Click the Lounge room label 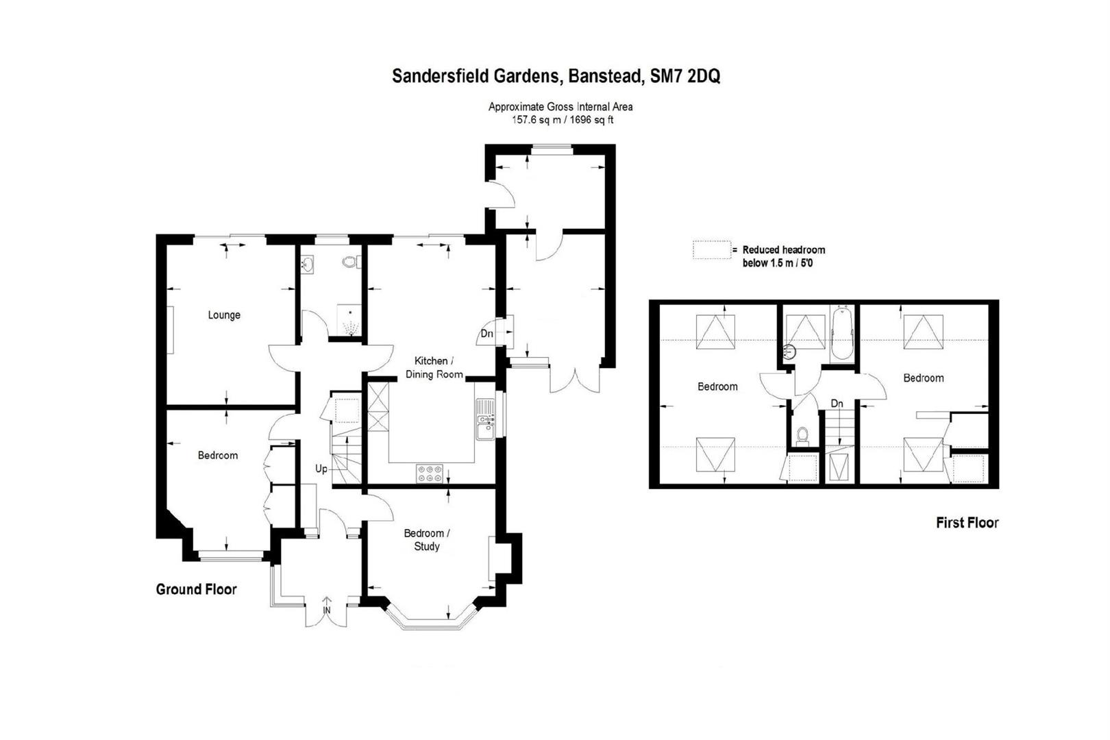click(x=224, y=315)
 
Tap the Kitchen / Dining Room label click(x=434, y=368)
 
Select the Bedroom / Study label click(x=427, y=540)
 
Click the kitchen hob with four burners click(x=430, y=473)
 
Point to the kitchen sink click(x=485, y=419)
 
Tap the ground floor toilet click(x=351, y=261)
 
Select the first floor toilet click(x=802, y=435)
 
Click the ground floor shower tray click(x=350, y=320)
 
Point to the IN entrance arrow click(x=327, y=605)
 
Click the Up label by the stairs click(x=321, y=469)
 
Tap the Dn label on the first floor click(x=837, y=404)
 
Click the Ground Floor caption click(x=196, y=589)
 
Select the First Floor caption click(x=967, y=522)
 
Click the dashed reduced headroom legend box click(x=712, y=250)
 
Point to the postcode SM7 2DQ click(x=684, y=76)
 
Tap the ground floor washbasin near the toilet click(x=308, y=264)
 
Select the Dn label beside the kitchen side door click(x=486, y=334)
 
